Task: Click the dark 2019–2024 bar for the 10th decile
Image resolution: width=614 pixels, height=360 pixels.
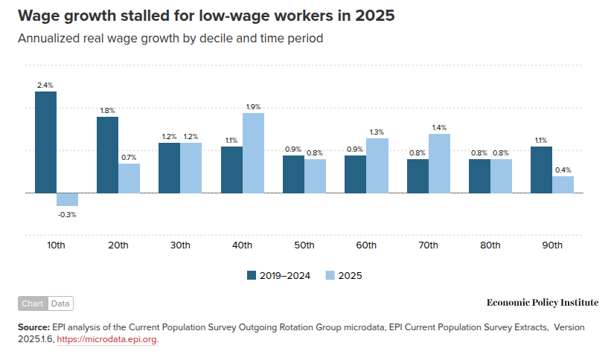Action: coord(45,142)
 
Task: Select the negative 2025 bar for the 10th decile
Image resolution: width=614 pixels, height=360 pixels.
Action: coord(67,199)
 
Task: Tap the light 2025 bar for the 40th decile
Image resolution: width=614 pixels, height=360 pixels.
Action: coord(253,152)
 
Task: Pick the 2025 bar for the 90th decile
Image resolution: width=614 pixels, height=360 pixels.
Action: coord(563,184)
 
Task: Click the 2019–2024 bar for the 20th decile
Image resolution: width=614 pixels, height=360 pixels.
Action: coord(107,155)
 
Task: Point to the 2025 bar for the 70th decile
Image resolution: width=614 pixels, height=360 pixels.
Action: coord(439,163)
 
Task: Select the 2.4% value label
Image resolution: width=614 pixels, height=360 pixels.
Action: coord(45,86)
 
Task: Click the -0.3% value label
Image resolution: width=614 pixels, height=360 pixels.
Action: coord(67,215)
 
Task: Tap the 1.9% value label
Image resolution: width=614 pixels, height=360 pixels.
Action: coord(253,106)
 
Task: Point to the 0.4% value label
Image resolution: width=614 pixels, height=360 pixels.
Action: coord(563,170)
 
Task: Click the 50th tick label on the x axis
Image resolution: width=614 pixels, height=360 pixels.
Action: coord(304,245)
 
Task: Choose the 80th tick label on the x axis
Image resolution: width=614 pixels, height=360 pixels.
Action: coord(490,245)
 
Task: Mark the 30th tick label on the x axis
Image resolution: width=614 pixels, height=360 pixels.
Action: coord(179,245)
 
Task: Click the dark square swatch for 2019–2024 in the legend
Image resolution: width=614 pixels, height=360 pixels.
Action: coord(252,275)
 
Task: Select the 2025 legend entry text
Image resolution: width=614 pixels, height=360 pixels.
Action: coord(351,275)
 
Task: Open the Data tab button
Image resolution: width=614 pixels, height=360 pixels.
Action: coord(60,303)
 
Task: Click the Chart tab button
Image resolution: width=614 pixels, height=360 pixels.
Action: coord(33,303)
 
